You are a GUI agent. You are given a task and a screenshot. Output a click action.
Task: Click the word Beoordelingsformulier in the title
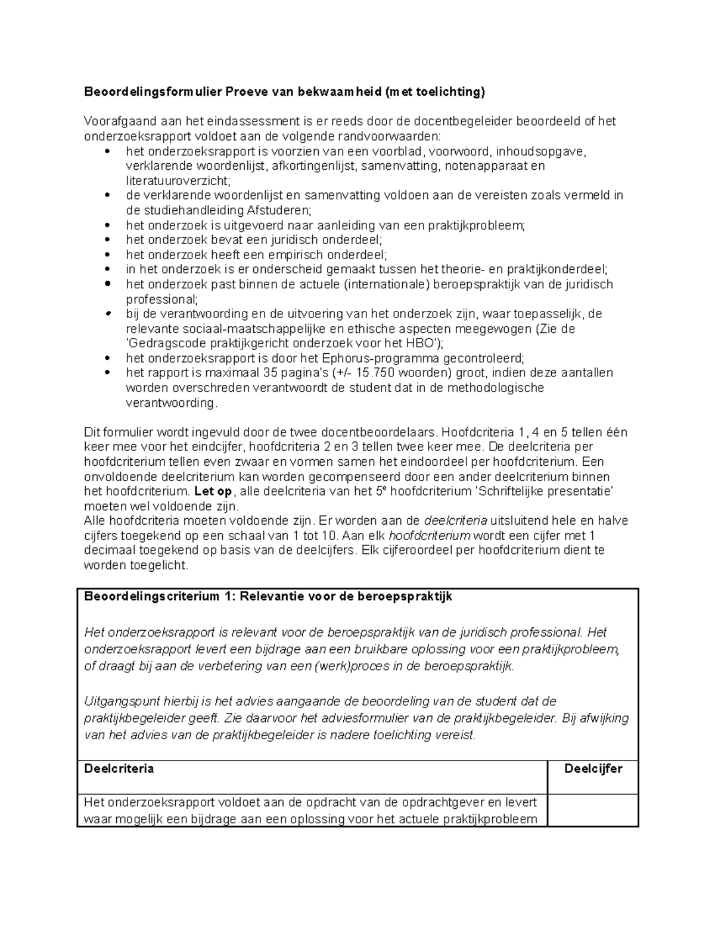(x=153, y=92)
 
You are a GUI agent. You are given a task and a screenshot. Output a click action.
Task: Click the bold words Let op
(x=215, y=491)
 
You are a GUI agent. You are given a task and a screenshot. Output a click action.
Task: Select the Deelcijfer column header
(x=593, y=768)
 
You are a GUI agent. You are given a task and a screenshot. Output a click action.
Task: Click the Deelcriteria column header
(x=119, y=768)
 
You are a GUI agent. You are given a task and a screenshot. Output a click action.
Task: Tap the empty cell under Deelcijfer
(x=593, y=810)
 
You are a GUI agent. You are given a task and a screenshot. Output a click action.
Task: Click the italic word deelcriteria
(x=455, y=521)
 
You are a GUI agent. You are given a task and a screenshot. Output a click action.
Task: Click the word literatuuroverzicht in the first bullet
(x=176, y=180)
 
